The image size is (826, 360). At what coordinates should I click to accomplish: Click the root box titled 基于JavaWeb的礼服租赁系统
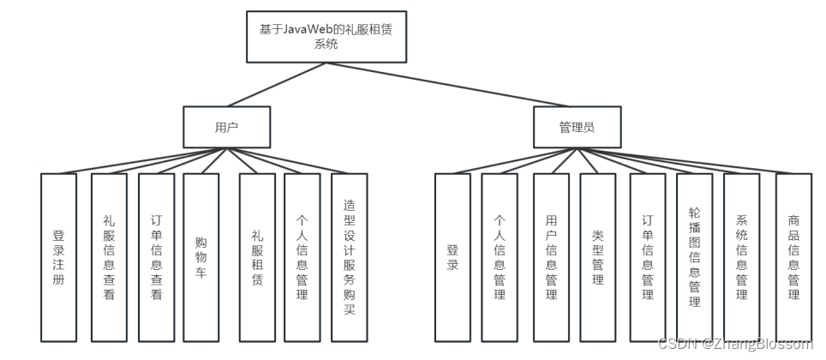point(326,37)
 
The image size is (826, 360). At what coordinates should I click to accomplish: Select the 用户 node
point(226,127)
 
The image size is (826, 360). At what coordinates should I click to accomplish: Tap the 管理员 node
point(577,127)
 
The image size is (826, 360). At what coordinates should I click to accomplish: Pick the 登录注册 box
point(58,257)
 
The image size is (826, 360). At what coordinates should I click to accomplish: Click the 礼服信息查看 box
point(108,257)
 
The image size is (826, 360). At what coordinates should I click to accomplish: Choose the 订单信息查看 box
point(156,257)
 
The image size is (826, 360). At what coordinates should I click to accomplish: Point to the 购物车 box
point(201,257)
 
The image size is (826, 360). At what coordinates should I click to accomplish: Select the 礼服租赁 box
point(257,257)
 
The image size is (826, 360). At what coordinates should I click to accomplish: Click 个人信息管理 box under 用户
point(302,257)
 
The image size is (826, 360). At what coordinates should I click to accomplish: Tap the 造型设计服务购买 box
point(349,257)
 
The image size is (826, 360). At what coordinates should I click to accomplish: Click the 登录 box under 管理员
point(452,257)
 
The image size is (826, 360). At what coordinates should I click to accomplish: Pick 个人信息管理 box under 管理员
point(500,257)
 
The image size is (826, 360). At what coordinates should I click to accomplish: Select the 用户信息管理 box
point(551,257)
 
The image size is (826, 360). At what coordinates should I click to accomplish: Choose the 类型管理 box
point(597,257)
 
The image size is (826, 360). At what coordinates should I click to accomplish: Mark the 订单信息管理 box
point(648,257)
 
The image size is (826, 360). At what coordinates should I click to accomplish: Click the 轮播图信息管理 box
point(694,257)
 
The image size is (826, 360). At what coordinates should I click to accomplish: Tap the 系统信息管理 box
point(742,257)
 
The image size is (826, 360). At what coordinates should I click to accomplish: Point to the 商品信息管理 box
point(793,257)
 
